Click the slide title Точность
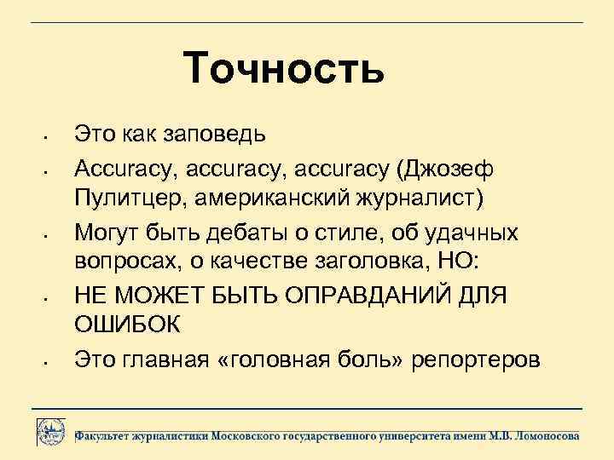pyautogui.click(x=284, y=69)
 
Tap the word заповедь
pyautogui.click(x=215, y=134)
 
